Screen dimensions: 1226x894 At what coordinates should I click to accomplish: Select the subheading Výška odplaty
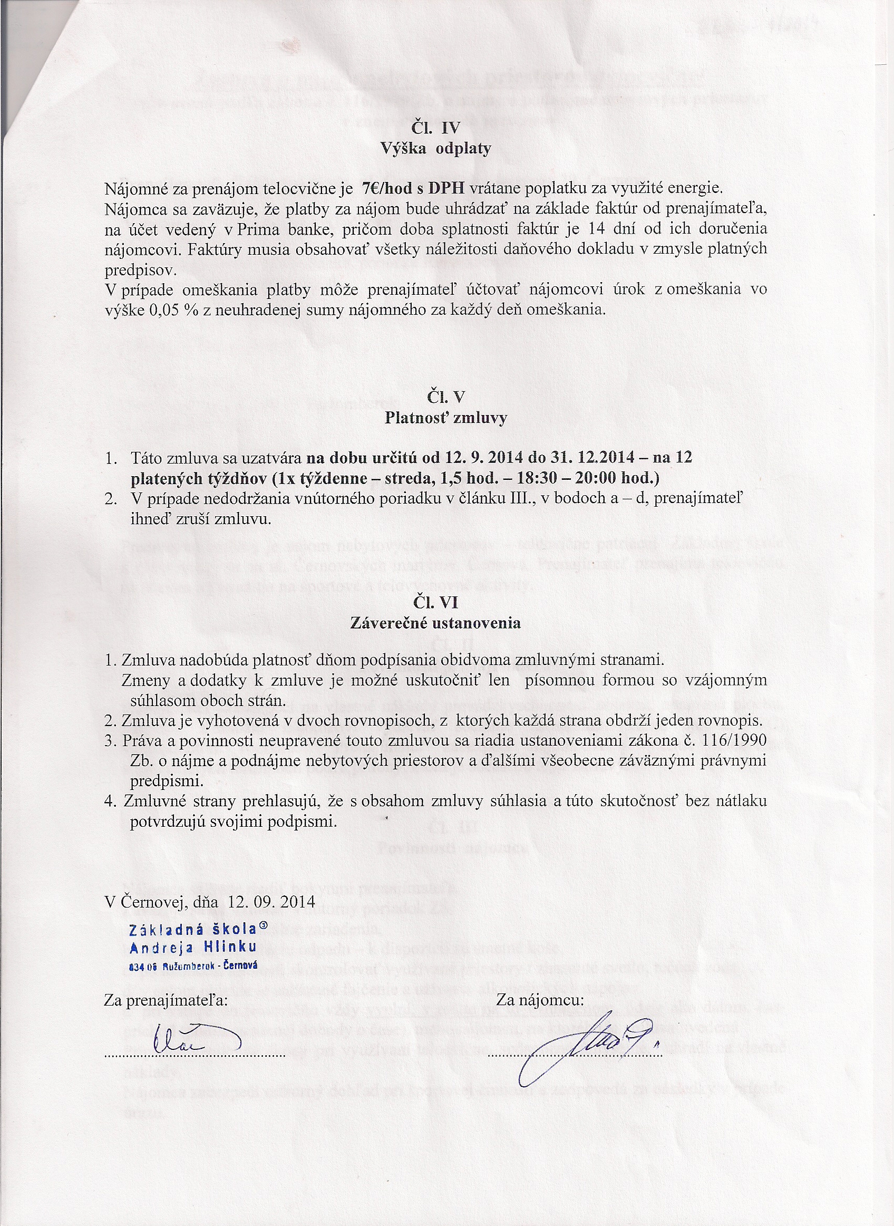click(436, 148)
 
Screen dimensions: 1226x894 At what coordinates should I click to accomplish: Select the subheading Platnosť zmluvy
click(446, 418)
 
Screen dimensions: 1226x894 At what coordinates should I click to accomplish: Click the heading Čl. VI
click(435, 602)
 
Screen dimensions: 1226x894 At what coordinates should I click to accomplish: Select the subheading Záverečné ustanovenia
click(435, 623)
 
